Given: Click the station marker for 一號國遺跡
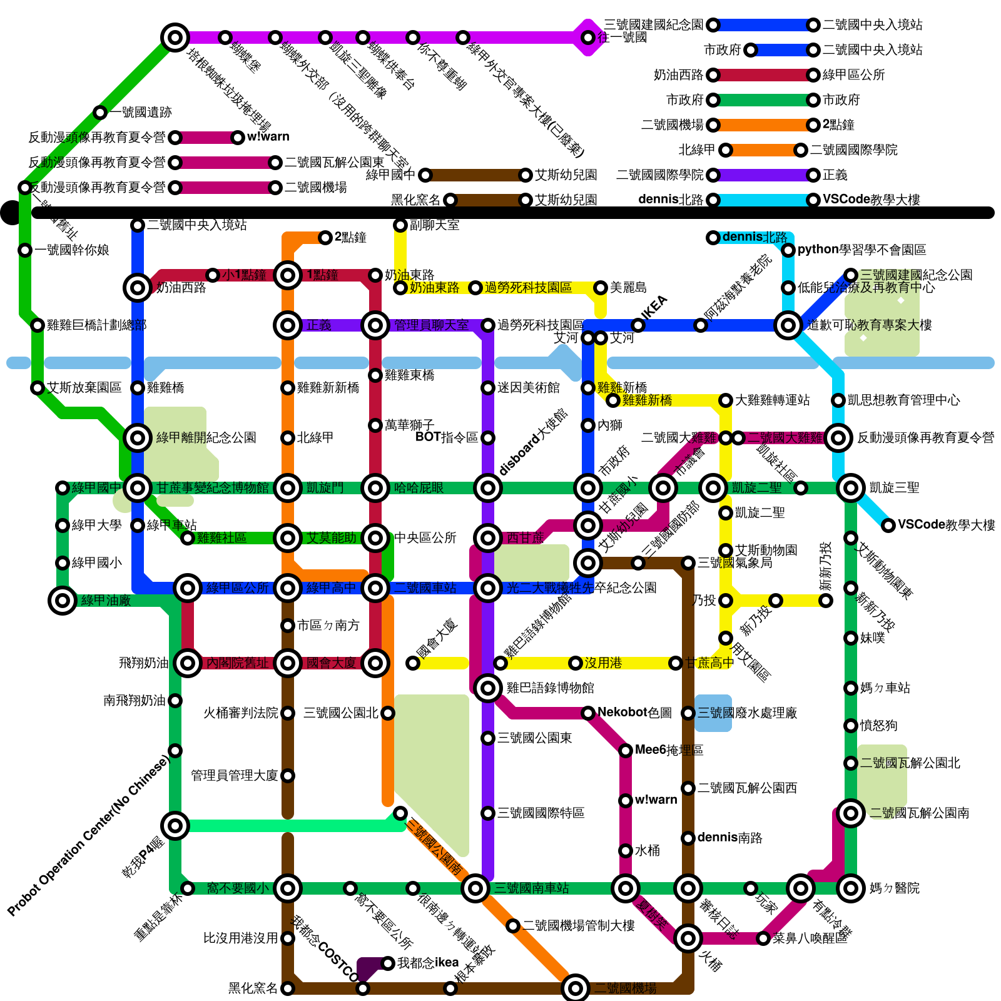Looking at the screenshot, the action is tap(100, 113).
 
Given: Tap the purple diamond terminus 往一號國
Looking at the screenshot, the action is tap(588, 38).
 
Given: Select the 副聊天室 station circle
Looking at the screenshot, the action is tap(400, 225).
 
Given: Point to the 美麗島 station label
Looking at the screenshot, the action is tap(628, 288).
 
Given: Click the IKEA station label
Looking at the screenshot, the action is tap(655, 307).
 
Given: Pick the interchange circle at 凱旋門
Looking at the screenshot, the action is tap(288, 488).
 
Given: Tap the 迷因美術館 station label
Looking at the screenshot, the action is tap(529, 388).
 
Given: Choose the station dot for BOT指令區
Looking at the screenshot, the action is tap(488, 438).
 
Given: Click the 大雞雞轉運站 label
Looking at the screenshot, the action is tap(772, 400).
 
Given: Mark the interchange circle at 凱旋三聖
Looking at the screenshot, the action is tap(851, 488).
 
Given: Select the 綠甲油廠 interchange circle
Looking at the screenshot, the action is tap(63, 601).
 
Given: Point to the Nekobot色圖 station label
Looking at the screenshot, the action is tap(634, 713).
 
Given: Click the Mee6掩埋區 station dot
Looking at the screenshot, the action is tap(626, 751).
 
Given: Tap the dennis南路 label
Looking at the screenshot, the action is tap(729, 838).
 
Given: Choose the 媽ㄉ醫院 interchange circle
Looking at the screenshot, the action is tap(851, 888).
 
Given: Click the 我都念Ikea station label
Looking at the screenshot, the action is tap(428, 963).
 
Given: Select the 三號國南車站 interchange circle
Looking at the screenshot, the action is tap(475, 888).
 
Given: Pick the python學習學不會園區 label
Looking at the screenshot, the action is tap(861, 250).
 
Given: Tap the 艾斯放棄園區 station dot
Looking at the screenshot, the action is tap(38, 388).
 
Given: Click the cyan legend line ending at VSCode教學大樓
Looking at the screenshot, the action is tap(763, 200).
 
